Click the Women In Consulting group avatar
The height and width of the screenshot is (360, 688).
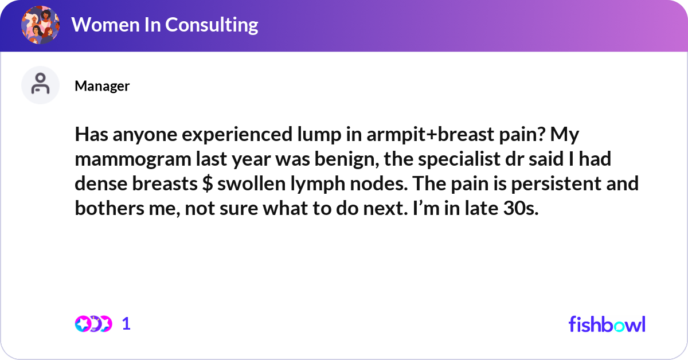40,25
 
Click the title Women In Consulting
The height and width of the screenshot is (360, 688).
165,25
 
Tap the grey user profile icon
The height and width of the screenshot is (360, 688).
40,85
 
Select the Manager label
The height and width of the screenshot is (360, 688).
102,86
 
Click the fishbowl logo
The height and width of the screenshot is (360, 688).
607,324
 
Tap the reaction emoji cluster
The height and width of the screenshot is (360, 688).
93,324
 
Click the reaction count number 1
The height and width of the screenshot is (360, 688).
127,324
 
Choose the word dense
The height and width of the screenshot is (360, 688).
99,185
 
